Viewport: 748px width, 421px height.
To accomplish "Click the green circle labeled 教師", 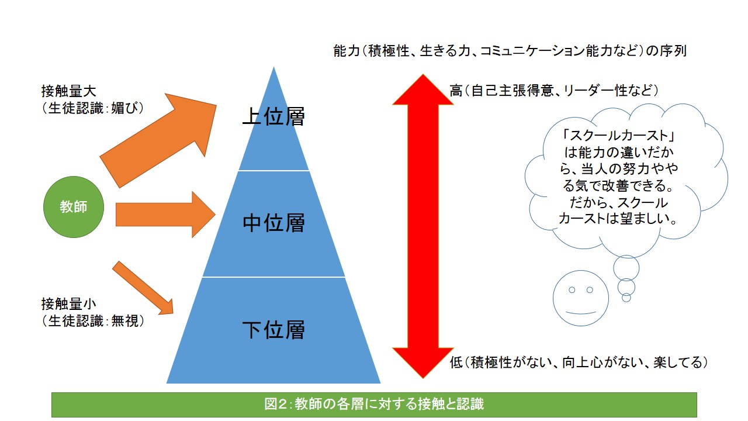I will [x=74, y=206].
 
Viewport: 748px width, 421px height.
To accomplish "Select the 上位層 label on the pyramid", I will [x=273, y=116].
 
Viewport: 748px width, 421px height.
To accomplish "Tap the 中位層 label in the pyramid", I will [x=273, y=223].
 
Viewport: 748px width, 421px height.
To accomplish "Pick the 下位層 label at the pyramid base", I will [x=273, y=330].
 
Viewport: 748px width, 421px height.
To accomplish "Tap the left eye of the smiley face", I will [x=572, y=290].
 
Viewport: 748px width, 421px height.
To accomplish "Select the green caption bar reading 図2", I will [x=374, y=404].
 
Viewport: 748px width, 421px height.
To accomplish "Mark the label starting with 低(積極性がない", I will [x=579, y=362].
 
